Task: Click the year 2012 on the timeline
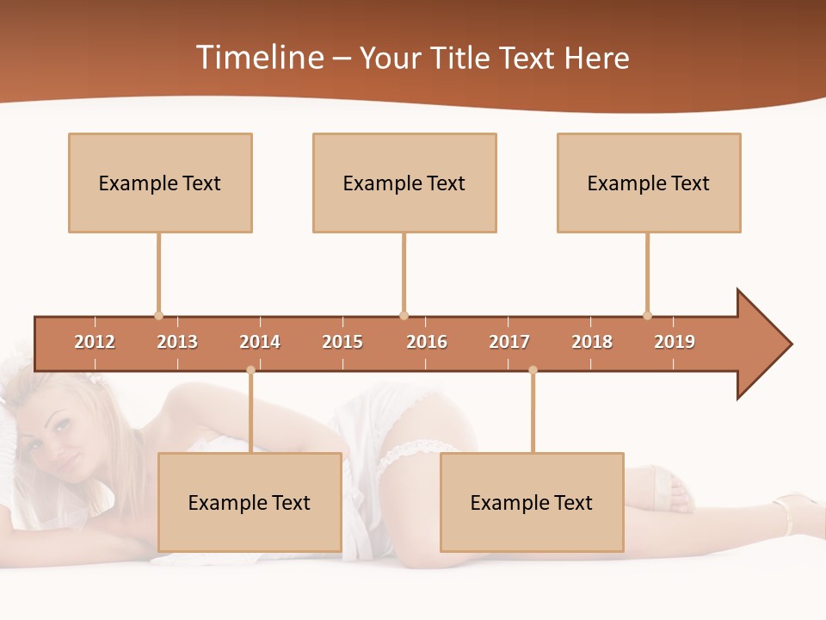(x=95, y=342)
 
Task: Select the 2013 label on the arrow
(x=177, y=342)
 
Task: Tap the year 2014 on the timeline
(x=260, y=342)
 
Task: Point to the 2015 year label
(x=342, y=342)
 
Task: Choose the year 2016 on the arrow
(x=427, y=342)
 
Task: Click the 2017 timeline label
(x=509, y=342)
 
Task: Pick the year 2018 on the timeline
(x=592, y=342)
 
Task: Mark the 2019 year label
(x=675, y=342)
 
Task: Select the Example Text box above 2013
(x=160, y=183)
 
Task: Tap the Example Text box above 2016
(x=404, y=183)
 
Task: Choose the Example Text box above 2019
(x=649, y=183)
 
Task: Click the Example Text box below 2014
(x=250, y=502)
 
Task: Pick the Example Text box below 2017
(x=532, y=502)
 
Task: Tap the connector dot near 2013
(x=158, y=315)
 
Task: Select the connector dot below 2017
(x=533, y=370)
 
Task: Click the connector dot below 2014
(x=250, y=370)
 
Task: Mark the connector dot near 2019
(x=647, y=315)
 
